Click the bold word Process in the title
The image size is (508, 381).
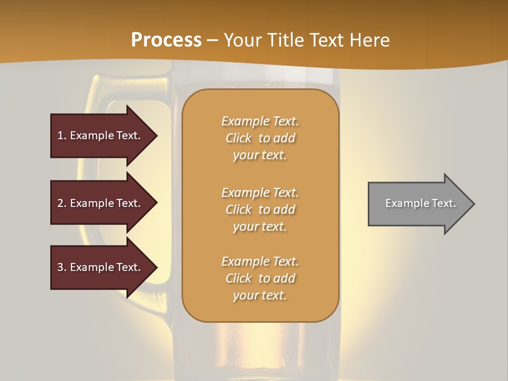(166, 40)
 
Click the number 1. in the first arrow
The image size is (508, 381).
(62, 135)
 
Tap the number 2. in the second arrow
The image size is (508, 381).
(62, 203)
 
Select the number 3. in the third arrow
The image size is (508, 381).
(62, 267)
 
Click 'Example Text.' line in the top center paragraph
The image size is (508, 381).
(260, 121)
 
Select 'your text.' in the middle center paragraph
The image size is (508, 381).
(260, 226)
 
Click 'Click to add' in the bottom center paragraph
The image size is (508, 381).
(260, 278)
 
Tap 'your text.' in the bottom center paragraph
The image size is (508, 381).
(260, 295)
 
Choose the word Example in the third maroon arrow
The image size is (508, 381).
(92, 267)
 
